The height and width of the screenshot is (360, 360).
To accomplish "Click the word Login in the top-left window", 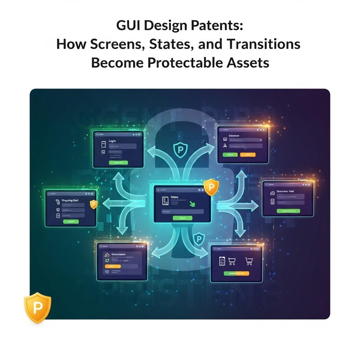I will (112, 141).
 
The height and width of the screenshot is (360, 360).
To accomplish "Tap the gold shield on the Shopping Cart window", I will (93, 205).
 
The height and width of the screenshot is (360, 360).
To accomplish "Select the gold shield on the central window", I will (211, 187).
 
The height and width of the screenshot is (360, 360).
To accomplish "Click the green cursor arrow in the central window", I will (192, 203).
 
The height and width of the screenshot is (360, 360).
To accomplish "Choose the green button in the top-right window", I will (230, 155).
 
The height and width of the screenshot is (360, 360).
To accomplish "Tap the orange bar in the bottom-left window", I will (112, 266).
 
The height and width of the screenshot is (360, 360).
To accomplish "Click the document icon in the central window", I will (164, 201).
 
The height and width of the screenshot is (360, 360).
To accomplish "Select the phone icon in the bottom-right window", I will (222, 261).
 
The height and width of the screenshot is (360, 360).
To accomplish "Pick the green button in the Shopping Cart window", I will (71, 222).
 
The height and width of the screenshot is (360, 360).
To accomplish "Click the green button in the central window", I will (182, 218).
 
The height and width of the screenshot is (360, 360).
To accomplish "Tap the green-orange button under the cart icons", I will (236, 273).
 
